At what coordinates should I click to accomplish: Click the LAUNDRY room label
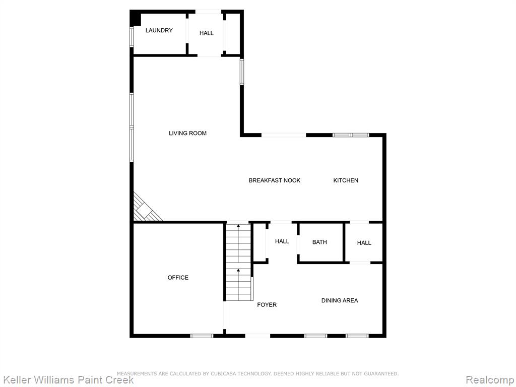pos(159,30)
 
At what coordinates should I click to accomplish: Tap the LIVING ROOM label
pos(187,133)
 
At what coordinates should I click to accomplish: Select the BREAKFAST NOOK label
pos(275,180)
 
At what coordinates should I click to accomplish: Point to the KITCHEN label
pos(346,180)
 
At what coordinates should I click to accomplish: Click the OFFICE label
pos(178,278)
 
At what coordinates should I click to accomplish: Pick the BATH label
pos(319,242)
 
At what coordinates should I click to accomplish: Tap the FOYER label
pos(267,305)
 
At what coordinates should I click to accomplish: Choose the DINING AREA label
pos(340,300)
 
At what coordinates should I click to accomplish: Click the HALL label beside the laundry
pos(206,33)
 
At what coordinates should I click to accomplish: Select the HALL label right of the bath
pos(364,243)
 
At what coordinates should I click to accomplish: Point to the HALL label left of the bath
pos(282,241)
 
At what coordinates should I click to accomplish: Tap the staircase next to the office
pos(238,262)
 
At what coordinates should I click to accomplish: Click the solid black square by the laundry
pos(135,18)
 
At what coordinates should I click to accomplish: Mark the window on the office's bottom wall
pos(202,336)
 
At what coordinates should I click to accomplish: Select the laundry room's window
pos(132,37)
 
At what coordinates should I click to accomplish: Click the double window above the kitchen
pos(351,135)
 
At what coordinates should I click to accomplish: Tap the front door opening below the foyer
pos(257,336)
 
